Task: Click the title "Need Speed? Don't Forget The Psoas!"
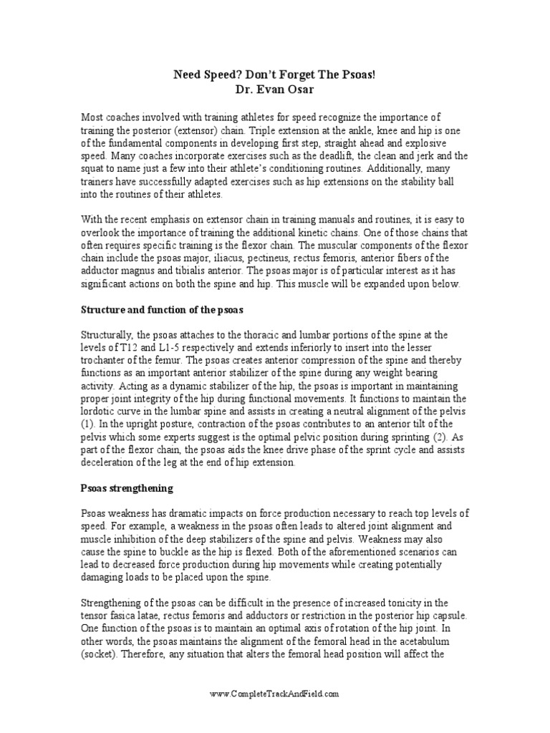point(274,74)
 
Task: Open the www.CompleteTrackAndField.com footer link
point(274,694)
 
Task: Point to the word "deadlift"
point(347,155)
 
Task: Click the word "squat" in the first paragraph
point(94,168)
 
